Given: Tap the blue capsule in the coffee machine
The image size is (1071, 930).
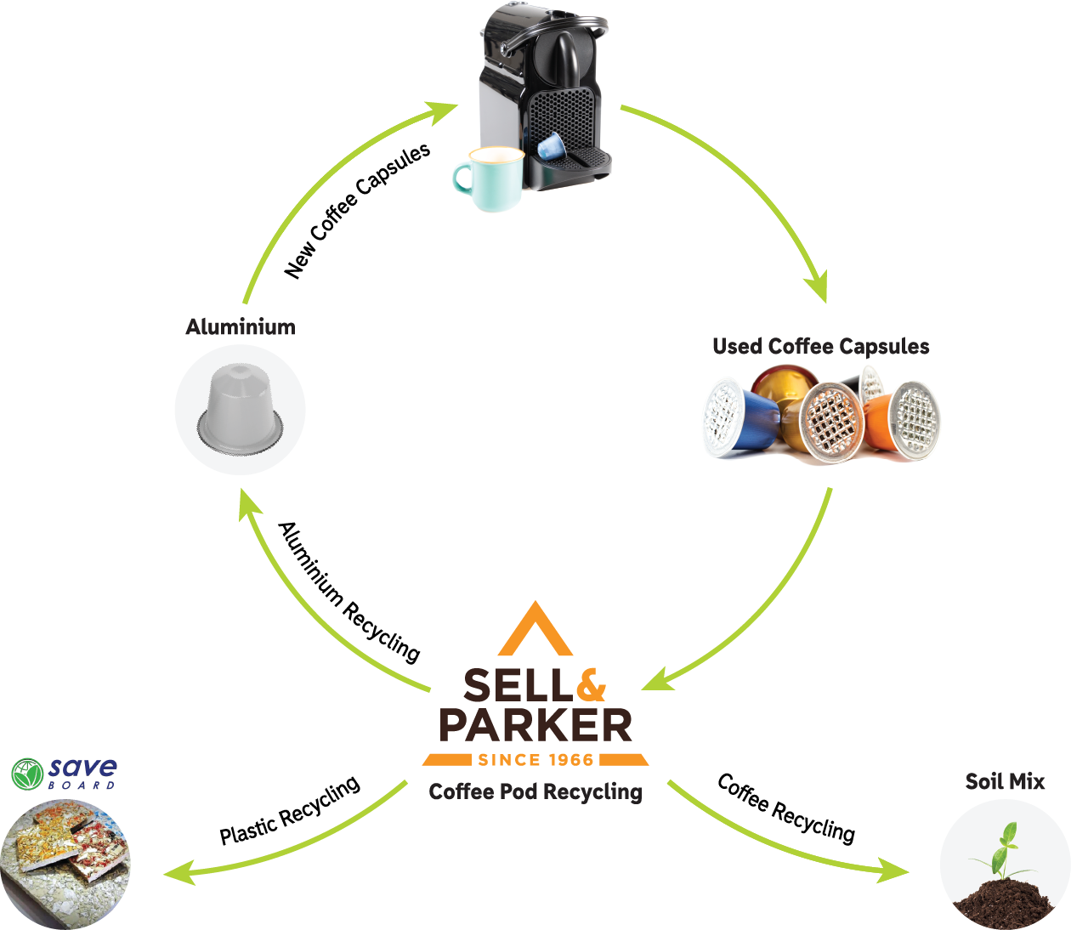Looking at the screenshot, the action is [551, 145].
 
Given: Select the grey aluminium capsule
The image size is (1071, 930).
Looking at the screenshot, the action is [240, 406].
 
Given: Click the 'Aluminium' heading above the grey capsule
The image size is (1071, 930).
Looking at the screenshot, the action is [241, 327].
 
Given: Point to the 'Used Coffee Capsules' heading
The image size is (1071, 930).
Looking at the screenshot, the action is [821, 347].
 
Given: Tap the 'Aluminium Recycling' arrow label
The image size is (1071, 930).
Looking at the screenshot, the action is [349, 593].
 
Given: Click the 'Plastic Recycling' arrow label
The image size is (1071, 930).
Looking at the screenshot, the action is [290, 810].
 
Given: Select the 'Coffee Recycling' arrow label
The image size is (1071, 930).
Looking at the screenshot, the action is [786, 808].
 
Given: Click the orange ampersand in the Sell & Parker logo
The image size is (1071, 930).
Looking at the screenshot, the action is [591, 684].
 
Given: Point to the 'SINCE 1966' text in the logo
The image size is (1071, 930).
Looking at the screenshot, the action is [535, 760].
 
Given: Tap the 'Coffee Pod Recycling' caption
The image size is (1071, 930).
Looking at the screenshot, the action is [535, 791].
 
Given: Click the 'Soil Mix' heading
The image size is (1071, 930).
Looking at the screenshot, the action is [1005, 782].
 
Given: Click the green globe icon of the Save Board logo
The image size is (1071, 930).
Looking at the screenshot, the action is [27, 774].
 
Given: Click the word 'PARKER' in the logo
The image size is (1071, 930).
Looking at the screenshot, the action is [535, 725].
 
